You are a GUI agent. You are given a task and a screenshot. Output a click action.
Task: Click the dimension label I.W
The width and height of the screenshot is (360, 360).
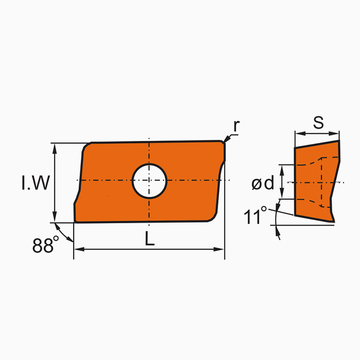pyautogui.click(x=35, y=183)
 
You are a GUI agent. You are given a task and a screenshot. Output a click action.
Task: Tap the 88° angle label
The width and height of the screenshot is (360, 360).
pyautogui.click(x=43, y=246)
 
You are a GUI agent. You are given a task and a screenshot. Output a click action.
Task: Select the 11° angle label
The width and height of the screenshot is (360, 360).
pyautogui.click(x=256, y=216)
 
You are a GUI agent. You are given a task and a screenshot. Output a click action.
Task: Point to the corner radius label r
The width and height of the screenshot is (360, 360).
pyautogui.click(x=237, y=125)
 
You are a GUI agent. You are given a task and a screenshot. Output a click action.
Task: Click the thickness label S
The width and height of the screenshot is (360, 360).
pyautogui.click(x=318, y=123)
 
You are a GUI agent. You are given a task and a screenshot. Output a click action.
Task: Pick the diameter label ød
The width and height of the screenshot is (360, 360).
pyautogui.click(x=263, y=183)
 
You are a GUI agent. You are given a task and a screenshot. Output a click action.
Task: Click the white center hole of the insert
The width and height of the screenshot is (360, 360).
pyautogui.click(x=150, y=181)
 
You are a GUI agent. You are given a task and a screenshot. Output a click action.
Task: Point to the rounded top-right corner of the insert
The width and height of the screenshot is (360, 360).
pyautogui.click(x=223, y=142)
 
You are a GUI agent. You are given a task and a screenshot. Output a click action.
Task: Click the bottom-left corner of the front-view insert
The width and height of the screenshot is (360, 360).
pyautogui.click(x=76, y=222)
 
